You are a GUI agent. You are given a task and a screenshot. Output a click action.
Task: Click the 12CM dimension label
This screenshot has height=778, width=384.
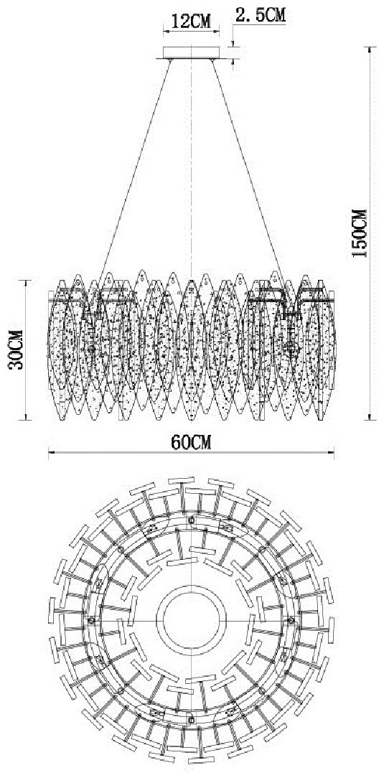pos(191,22)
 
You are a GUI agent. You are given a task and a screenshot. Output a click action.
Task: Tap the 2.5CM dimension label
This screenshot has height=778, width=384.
pos(261,15)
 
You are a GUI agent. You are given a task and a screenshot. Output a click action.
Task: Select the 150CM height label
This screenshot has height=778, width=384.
pos(359,233)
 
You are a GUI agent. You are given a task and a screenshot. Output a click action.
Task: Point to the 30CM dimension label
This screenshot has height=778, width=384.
pos(16,350)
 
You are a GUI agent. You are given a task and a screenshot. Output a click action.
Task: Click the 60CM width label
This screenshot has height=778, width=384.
pos(191,442)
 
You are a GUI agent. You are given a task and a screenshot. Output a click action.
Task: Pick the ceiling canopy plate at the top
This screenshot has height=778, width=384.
pos(192,53)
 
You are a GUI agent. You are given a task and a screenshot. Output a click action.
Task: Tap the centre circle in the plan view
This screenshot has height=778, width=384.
pos(191,620)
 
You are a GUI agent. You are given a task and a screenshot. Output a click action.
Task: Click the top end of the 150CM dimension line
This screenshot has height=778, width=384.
pos(370,47)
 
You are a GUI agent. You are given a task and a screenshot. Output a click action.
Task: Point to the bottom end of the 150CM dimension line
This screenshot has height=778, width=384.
pos(370,420)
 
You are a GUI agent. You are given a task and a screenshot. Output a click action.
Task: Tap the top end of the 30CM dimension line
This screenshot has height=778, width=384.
pos(26,281)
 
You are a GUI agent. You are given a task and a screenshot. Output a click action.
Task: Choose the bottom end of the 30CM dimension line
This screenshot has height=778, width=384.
pos(26,420)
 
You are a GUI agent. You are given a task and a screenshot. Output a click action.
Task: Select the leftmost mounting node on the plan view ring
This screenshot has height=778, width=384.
pos(91,620)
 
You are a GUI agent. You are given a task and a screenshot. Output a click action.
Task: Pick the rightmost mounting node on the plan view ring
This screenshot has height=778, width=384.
pos(291,620)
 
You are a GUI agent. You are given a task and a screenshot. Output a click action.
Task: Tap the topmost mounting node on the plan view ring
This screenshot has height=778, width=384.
pos(192,520)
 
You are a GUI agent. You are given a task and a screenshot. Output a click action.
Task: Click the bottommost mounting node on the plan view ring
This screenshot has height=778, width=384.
pos(192,720)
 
